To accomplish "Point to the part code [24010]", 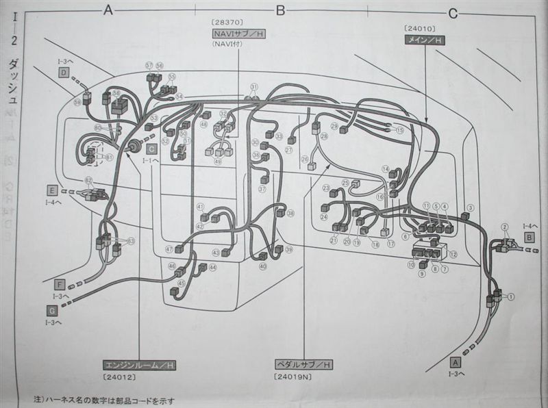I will [x=417, y=28].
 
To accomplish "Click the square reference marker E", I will [x=52, y=188].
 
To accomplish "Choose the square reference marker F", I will [x=60, y=283].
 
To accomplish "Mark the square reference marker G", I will [x=52, y=309].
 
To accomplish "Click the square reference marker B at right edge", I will [x=529, y=235].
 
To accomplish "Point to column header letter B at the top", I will [x=279, y=10].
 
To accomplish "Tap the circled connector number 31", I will [x=254, y=87].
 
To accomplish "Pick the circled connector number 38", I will [x=290, y=214].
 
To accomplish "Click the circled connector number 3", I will [x=470, y=207].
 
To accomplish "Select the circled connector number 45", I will [x=181, y=283].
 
